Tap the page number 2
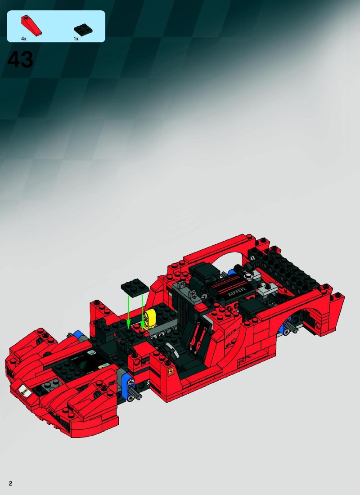10,483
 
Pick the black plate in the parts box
83,29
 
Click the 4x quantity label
24,39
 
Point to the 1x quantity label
76,39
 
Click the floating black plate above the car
135,287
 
